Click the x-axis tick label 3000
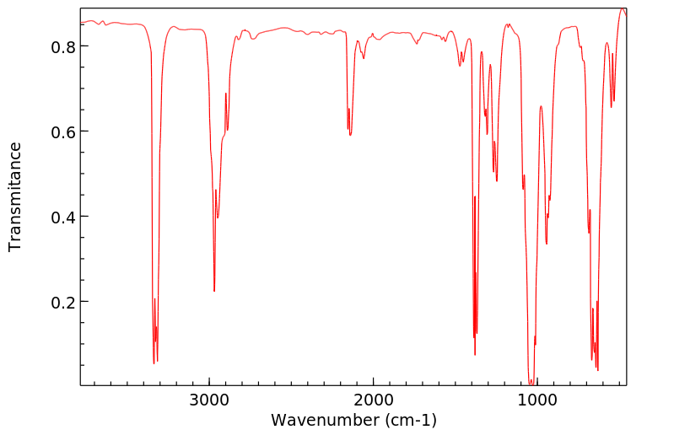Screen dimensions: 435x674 coord(209,400)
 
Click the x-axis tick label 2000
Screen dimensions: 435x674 coord(373,400)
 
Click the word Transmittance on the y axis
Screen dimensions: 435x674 coord(15,196)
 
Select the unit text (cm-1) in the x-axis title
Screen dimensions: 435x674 coord(410,420)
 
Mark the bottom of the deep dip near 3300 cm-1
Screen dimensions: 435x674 coord(154,363)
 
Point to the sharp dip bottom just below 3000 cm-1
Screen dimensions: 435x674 coord(214,292)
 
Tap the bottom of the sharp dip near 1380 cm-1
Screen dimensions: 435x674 coord(475,354)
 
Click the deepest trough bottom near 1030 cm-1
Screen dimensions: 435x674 coord(531,384)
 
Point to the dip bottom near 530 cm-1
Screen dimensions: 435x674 coord(612,107)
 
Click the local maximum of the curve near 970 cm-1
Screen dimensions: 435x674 coord(541,106)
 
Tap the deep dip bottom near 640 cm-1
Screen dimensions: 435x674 coord(597,369)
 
